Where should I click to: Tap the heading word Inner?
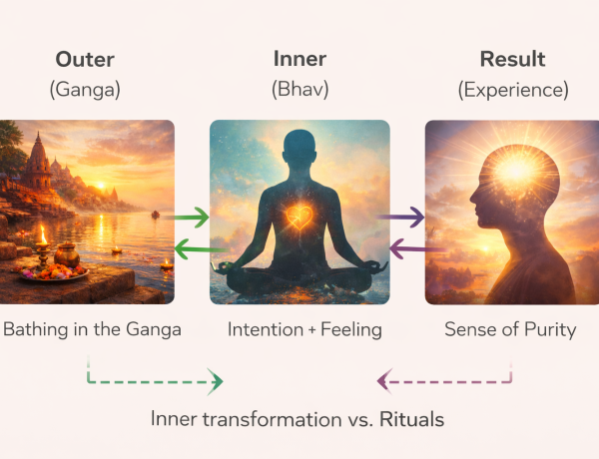tap(299, 59)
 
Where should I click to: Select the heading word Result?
tap(511, 59)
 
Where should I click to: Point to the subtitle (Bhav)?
tap(299, 91)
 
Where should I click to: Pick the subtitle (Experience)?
tap(511, 91)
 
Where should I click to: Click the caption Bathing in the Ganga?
tap(91, 329)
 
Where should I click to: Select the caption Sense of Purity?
tap(511, 329)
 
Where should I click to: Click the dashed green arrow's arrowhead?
tap(216, 379)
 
